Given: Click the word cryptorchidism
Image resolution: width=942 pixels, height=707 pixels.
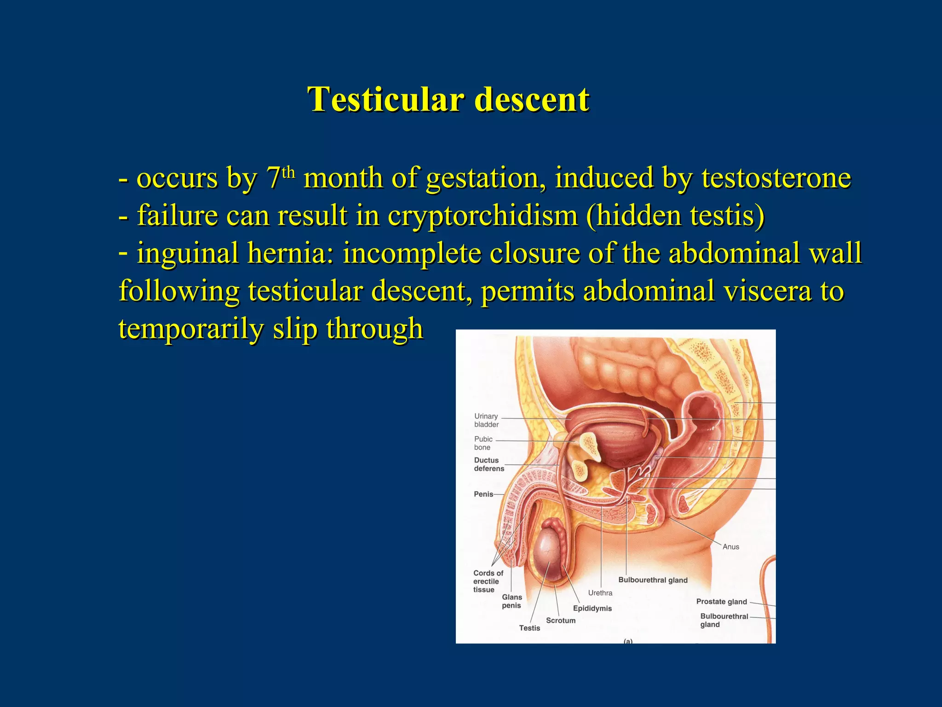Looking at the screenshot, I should pyautogui.click(x=482, y=215).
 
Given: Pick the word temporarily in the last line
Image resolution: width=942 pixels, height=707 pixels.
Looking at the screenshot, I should pyautogui.click(x=190, y=329).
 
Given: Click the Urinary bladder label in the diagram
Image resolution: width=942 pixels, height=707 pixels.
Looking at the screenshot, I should pyautogui.click(x=486, y=420).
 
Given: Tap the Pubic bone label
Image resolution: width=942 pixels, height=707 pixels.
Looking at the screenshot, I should pyautogui.click(x=483, y=443).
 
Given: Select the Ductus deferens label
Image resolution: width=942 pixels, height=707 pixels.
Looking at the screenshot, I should pyautogui.click(x=488, y=464).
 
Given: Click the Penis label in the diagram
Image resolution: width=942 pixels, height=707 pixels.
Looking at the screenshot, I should pyautogui.click(x=483, y=494).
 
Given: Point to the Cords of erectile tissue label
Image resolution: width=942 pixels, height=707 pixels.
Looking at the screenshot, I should pyautogui.click(x=488, y=581).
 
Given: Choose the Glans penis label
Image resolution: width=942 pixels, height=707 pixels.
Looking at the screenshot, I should pyautogui.click(x=511, y=601).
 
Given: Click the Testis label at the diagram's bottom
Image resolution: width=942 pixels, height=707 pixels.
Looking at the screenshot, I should pyautogui.click(x=529, y=628).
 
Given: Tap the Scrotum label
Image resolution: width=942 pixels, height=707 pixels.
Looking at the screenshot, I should pyautogui.click(x=560, y=620).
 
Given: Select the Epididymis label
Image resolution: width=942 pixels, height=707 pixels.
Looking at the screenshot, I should pyautogui.click(x=592, y=608).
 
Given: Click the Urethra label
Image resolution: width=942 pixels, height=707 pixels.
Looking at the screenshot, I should pyautogui.click(x=600, y=593).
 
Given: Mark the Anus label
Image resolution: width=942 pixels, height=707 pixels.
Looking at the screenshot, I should pyautogui.click(x=730, y=547).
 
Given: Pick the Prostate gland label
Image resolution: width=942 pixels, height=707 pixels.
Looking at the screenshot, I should pyautogui.click(x=721, y=602).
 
